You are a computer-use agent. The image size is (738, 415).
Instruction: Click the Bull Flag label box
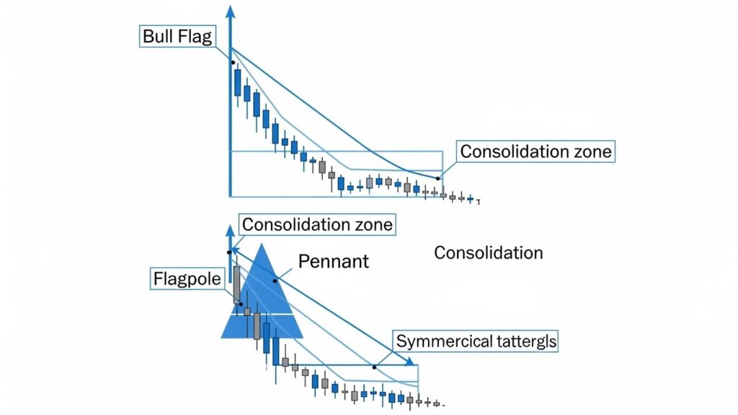click(x=177, y=37)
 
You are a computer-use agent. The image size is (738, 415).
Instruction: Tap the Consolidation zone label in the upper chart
click(x=535, y=152)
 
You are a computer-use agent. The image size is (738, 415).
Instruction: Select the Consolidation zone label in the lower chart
click(x=317, y=224)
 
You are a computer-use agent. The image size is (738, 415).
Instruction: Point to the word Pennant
click(x=334, y=261)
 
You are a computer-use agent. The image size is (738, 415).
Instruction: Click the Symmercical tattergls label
click(x=476, y=341)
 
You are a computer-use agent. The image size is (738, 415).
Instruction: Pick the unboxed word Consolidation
click(x=489, y=253)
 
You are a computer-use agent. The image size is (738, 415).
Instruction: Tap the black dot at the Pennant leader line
click(x=275, y=280)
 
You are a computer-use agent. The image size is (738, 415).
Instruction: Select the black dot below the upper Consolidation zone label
click(x=437, y=178)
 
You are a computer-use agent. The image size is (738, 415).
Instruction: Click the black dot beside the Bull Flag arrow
click(x=233, y=63)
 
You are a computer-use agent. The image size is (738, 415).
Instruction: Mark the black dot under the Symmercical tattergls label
click(x=374, y=367)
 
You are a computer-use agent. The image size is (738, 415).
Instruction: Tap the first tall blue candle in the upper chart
click(x=237, y=82)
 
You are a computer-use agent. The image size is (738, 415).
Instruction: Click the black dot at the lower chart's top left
click(x=228, y=251)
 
